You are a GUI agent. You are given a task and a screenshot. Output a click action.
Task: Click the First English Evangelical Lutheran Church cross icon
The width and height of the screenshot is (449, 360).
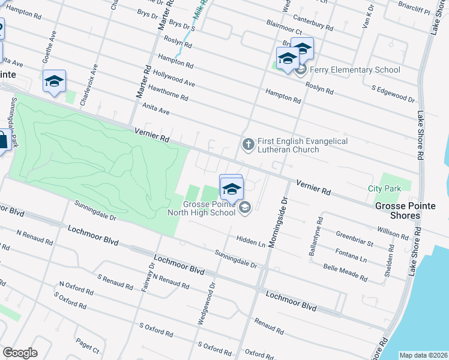247,144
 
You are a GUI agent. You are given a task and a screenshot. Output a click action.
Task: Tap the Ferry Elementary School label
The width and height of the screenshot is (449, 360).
355,70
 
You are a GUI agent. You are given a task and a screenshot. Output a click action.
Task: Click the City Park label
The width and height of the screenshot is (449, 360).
384,188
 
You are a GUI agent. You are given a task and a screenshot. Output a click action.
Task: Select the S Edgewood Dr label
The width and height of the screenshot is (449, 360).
393,94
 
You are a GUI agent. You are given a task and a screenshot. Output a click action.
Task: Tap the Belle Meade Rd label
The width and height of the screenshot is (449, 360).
345,272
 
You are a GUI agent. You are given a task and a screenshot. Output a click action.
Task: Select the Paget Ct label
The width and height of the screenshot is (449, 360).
87,344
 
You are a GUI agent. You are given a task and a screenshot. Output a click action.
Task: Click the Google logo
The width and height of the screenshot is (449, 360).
20,353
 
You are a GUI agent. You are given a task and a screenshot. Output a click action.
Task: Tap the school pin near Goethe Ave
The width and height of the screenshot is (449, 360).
54,82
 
